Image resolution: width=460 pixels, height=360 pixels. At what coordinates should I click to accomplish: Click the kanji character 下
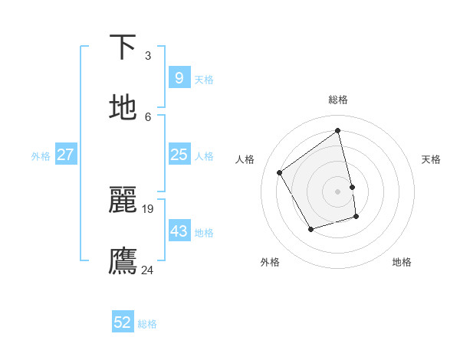123,47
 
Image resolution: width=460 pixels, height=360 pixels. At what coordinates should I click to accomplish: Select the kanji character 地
123,108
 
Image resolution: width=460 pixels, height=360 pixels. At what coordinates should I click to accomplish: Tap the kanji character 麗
123,200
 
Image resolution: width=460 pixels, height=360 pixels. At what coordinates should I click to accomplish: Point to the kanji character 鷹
123,261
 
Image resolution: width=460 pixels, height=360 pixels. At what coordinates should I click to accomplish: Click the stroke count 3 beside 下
148,55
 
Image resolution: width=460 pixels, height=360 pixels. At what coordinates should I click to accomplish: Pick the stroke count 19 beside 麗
148,208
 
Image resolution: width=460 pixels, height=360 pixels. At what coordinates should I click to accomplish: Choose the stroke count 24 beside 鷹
148,270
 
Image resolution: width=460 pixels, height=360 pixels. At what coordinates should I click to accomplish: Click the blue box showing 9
179,77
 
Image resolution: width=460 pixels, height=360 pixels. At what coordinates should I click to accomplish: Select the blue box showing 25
179,155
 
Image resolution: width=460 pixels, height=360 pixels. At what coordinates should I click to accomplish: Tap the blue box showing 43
179,231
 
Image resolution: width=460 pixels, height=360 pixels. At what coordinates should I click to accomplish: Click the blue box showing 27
65,155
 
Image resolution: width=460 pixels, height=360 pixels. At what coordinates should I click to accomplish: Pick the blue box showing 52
123,322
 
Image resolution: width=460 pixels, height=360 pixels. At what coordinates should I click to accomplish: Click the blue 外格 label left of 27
41,156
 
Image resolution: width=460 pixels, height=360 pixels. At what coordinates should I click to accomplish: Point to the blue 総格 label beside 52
147,324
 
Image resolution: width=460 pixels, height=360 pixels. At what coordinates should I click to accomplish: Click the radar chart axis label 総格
338,100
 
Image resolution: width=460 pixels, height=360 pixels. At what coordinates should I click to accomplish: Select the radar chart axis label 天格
431,159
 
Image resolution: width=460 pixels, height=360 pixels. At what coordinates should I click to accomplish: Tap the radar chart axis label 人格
245,159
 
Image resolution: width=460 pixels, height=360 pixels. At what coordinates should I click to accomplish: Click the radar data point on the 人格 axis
280,172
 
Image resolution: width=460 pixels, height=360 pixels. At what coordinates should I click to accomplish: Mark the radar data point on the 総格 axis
338,131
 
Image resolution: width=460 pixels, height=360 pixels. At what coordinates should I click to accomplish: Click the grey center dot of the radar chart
338,191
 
